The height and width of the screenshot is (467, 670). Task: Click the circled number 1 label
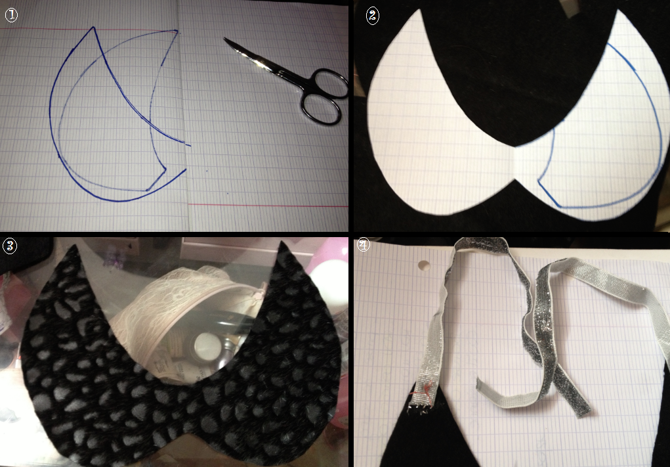[11, 15]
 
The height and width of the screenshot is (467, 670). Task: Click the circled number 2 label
[373, 16]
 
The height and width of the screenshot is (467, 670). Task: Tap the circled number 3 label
[9, 246]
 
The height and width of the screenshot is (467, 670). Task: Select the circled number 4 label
[363, 245]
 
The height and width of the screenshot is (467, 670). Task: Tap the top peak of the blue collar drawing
[94, 28]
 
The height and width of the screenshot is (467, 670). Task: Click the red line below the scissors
[268, 206]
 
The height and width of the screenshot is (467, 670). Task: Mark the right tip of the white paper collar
[617, 11]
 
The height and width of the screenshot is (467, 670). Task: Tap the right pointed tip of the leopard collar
[283, 243]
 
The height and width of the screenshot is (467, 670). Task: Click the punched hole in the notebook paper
[424, 265]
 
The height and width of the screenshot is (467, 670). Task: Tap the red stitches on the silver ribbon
[427, 389]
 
